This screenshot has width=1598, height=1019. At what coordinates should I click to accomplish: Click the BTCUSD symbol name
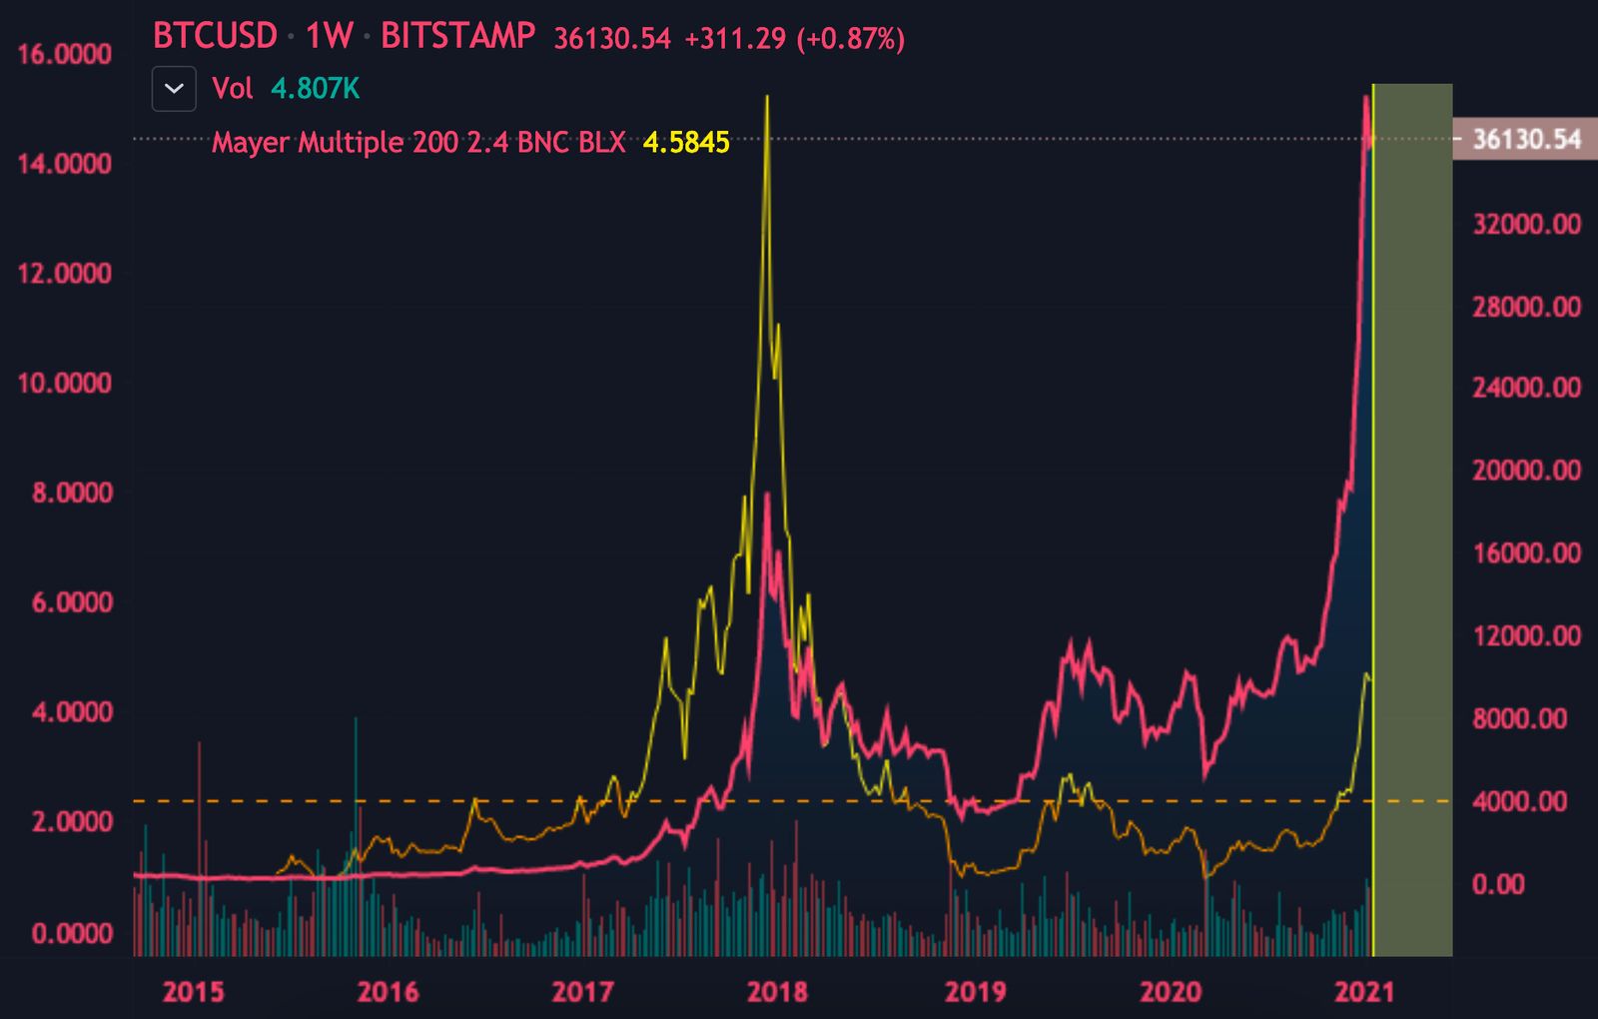(x=215, y=36)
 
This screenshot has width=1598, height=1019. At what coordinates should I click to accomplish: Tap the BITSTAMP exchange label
(x=457, y=36)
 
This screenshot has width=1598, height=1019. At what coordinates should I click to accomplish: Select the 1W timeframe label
(x=329, y=36)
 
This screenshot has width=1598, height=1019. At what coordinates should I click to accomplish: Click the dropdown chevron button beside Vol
(x=174, y=89)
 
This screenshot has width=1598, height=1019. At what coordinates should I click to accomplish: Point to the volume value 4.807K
(x=315, y=89)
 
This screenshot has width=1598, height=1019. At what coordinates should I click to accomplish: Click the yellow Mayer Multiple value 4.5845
(x=685, y=142)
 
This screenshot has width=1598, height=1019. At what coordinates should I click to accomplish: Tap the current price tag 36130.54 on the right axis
(x=1526, y=139)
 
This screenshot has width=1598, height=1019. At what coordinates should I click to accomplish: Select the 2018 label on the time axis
(x=777, y=991)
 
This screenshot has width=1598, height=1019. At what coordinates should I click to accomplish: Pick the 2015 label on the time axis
(x=194, y=991)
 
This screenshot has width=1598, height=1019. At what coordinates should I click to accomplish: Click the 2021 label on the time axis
(x=1364, y=991)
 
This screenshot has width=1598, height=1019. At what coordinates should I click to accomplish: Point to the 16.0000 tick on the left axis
(x=65, y=54)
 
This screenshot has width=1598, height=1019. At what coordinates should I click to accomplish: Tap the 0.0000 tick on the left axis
(x=72, y=933)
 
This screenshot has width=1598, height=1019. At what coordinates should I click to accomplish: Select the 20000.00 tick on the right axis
(x=1526, y=470)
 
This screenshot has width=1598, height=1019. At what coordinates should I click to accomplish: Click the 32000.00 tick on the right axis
(x=1526, y=223)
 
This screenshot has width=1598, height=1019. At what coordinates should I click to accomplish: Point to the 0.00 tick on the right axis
(x=1497, y=883)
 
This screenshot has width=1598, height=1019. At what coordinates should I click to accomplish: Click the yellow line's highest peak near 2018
(x=766, y=97)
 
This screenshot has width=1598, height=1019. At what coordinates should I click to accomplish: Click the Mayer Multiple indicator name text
(x=417, y=142)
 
